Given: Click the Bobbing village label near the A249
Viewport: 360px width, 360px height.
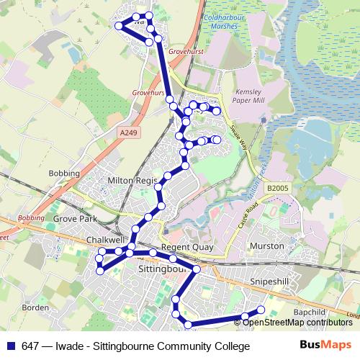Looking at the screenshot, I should click(58, 174).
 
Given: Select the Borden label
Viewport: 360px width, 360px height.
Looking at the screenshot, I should click(35, 307).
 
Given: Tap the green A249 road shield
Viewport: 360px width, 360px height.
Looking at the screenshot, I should click(127, 132).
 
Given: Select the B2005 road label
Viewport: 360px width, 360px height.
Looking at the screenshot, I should click(276, 189).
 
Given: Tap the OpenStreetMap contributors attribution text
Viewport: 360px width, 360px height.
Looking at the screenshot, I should click(298, 323).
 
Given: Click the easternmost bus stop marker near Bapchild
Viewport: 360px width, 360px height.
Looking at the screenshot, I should click(261, 310).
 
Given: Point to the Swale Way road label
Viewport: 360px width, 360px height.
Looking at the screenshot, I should click(238, 134).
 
